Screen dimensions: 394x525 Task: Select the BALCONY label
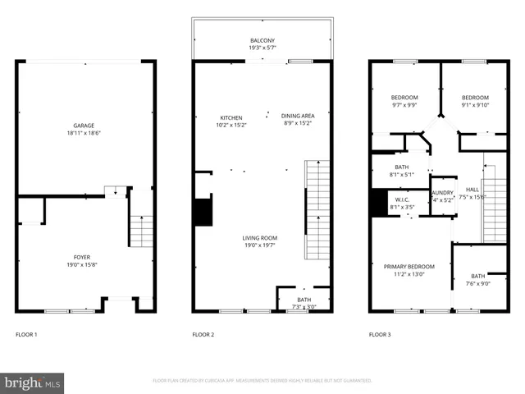(262, 39)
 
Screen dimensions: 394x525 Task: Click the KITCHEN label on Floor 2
(231, 117)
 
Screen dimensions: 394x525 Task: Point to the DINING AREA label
(298, 117)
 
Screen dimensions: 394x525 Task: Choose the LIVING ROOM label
(259, 238)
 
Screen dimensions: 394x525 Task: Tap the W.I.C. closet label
(402, 199)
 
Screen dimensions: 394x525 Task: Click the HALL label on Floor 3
(472, 190)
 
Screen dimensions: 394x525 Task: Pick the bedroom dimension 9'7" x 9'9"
(404, 105)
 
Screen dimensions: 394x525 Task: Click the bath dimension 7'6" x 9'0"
(478, 284)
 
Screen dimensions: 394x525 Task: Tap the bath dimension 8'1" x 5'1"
(402, 174)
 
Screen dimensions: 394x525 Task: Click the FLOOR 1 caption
(26, 335)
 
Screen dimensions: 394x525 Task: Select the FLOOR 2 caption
(203, 335)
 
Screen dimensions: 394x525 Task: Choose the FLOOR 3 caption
(380, 335)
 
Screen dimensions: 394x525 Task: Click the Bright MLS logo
(33, 383)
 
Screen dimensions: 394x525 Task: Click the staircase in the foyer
(142, 231)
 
